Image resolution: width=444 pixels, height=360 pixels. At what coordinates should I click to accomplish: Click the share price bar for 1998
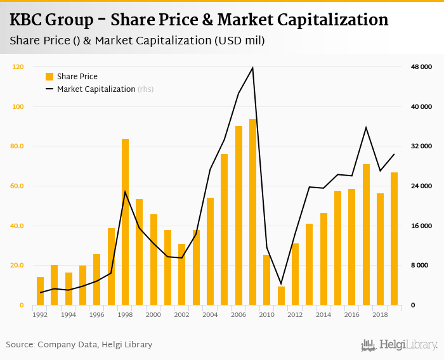(126, 222)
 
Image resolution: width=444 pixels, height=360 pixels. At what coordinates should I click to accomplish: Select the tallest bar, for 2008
(253, 212)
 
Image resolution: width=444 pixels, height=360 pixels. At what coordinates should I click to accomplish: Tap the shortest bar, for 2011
(281, 296)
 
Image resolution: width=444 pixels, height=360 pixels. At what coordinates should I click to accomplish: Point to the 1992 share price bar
(41, 291)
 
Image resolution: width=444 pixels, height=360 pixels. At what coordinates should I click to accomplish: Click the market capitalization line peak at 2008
(253, 67)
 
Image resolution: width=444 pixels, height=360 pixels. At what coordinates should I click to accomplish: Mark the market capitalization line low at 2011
(281, 284)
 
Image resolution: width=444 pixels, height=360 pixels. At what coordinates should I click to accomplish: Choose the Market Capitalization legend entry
(96, 89)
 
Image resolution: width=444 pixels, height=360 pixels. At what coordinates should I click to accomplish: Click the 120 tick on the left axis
(18, 67)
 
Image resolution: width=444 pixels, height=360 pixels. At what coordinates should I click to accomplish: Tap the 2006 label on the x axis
(238, 314)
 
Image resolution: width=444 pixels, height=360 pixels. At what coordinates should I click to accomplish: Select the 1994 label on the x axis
(69, 314)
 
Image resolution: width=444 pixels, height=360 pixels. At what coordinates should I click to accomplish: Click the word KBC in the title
(27, 20)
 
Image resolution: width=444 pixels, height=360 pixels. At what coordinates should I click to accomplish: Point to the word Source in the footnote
(20, 345)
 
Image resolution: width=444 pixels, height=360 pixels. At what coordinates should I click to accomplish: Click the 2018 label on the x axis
(381, 314)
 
